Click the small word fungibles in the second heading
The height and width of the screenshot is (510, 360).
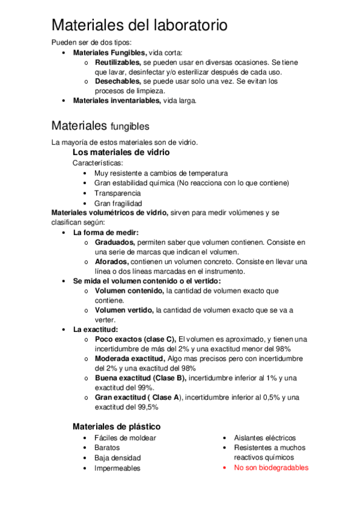click(x=130, y=127)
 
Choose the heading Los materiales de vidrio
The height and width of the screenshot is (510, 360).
click(x=121, y=153)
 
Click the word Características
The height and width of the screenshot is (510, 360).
click(x=99, y=163)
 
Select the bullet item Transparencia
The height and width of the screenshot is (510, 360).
click(x=118, y=193)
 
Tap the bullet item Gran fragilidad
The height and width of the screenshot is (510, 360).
click(x=118, y=203)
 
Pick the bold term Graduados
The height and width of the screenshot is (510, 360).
click(x=115, y=242)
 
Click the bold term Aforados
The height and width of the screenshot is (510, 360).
click(x=112, y=262)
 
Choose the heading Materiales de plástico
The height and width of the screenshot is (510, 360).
click(x=117, y=426)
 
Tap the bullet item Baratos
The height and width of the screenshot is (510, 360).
click(x=107, y=447)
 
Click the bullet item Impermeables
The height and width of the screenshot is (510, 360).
click(x=117, y=468)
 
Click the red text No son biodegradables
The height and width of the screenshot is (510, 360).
click(x=271, y=467)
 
